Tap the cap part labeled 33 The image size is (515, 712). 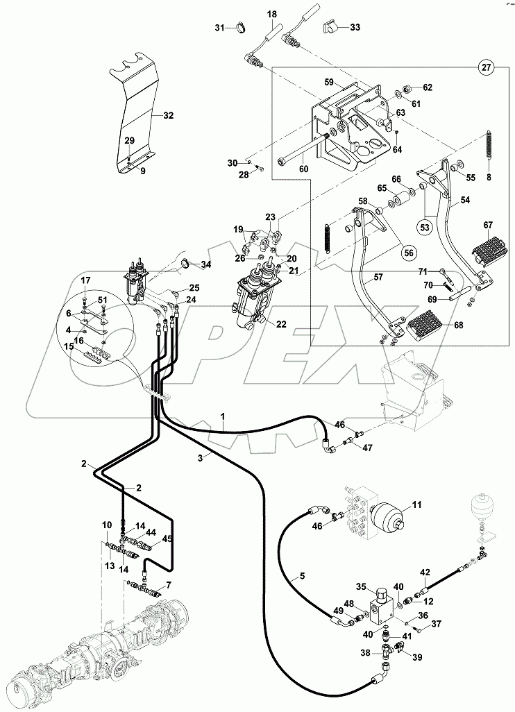click(331, 28)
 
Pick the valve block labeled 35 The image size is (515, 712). click(380, 598)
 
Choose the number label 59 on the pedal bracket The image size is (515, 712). click(330, 81)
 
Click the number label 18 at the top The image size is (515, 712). click(271, 14)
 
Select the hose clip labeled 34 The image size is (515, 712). click(186, 263)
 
